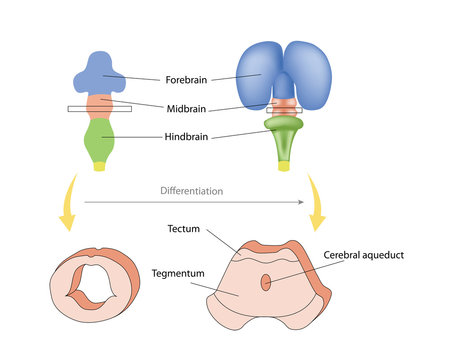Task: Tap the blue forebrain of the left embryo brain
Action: [x=96, y=71]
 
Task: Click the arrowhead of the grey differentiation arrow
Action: [x=301, y=201]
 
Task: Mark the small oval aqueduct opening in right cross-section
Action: [x=265, y=283]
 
